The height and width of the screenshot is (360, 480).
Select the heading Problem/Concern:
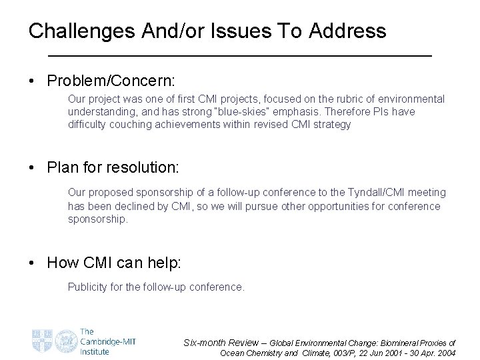tap(111, 81)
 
